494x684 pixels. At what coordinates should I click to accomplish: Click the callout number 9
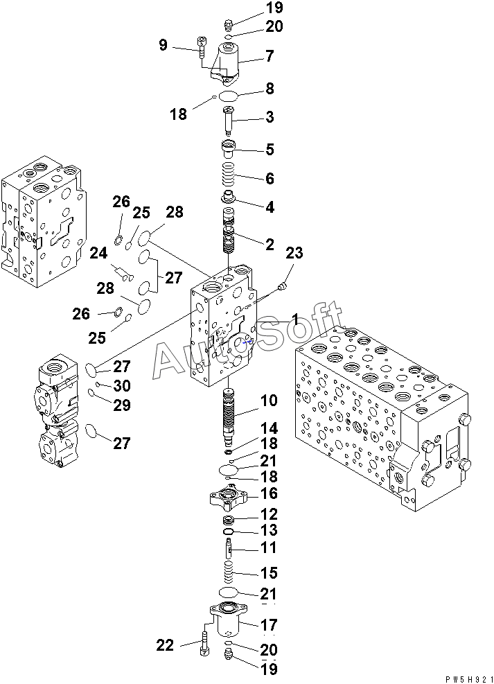163,45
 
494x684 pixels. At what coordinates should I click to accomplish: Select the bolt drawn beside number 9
201,46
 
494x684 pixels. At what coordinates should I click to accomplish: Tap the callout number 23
294,254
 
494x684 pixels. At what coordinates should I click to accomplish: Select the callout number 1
294,319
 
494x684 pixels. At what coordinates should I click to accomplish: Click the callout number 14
269,429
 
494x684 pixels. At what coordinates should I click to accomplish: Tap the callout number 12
269,514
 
